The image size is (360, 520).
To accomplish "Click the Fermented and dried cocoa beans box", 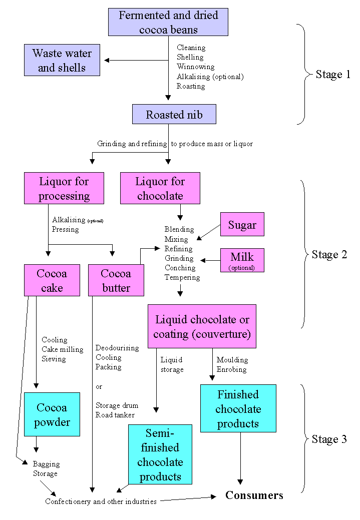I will (168, 22).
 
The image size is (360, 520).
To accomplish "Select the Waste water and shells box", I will (62, 60).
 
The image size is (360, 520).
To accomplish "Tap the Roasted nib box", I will (174, 115).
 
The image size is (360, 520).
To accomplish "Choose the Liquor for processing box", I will (64, 188).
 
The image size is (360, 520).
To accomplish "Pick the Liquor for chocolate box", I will (160, 188).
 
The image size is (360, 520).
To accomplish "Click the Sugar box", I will (242, 224).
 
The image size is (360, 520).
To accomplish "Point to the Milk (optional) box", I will (242, 260).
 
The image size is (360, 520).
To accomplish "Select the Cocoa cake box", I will (52, 280).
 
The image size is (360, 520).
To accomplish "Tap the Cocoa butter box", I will (116, 280).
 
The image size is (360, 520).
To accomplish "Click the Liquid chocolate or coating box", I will (202, 326).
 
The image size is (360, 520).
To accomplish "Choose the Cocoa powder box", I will (52, 414).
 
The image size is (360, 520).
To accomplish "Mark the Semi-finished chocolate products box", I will (160, 454).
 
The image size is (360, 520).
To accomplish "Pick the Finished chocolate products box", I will (238, 408).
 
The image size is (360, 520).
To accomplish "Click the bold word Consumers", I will (254, 495).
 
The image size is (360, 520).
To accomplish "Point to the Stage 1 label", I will (333, 75).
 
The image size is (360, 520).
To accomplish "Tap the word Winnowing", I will (195, 67).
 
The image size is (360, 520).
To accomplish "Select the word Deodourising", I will (117, 348).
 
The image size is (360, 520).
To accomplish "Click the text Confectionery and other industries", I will (101, 501).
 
